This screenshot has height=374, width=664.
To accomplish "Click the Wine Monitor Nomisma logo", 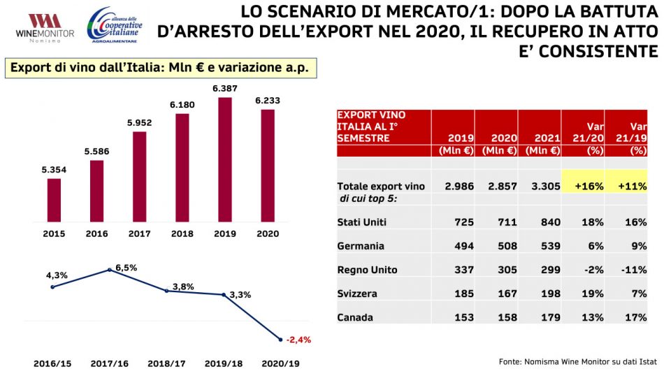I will (39, 28).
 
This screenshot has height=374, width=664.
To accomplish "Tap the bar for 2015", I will (54, 199).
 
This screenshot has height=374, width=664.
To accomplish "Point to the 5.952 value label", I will (139, 122).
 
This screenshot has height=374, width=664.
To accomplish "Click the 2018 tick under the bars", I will (182, 234).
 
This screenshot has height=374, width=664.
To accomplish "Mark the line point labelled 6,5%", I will (109, 270).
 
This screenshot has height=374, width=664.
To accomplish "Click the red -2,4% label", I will (298, 340).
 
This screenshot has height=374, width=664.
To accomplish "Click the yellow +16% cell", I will (583, 187).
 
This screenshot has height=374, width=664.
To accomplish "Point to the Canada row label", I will (355, 317).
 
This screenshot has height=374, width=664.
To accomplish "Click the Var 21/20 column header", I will (583, 133).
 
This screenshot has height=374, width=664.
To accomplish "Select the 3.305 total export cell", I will (542, 187).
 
